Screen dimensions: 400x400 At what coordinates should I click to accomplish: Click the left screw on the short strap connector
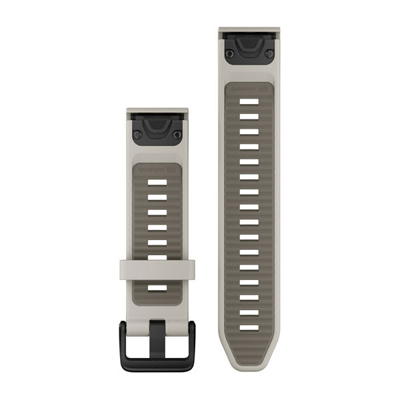pyautogui.click(x=137, y=135)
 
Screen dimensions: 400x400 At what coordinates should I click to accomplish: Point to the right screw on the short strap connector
pyautogui.click(x=177, y=135)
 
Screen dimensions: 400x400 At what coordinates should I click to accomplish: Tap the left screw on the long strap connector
pyautogui.click(x=229, y=53)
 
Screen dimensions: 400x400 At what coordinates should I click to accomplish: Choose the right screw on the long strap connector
pyautogui.click(x=269, y=53)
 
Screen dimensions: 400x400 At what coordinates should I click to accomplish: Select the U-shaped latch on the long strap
pyautogui.click(x=249, y=44)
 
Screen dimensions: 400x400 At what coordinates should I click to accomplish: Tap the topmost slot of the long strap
pyautogui.click(x=249, y=101)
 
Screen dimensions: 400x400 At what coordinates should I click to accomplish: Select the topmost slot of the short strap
pyautogui.click(x=157, y=182)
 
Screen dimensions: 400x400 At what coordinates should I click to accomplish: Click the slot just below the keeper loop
pyautogui.click(x=157, y=288)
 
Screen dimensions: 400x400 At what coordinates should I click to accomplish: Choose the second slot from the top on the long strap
pyautogui.click(x=249, y=117)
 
